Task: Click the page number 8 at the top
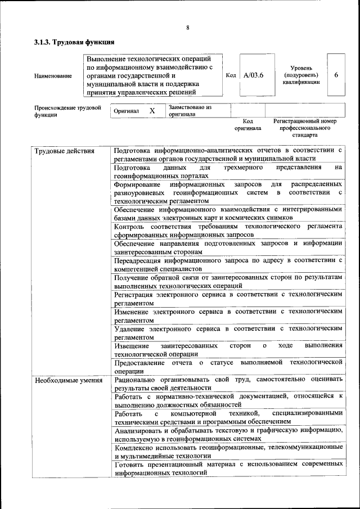tap(187, 28)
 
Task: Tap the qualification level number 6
tap(336, 75)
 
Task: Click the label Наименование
tap(53, 75)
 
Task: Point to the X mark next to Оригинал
tap(152, 111)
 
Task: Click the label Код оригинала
tap(247, 124)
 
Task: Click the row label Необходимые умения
tap(69, 381)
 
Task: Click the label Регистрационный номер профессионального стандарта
tap(304, 128)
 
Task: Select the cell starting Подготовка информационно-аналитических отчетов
tap(228, 155)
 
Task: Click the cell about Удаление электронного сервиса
tap(228, 332)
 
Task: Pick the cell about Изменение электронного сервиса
tap(228, 315)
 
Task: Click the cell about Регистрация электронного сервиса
tap(228, 298)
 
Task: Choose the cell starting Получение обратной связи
tap(228, 281)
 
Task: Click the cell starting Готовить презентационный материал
tap(228, 469)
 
